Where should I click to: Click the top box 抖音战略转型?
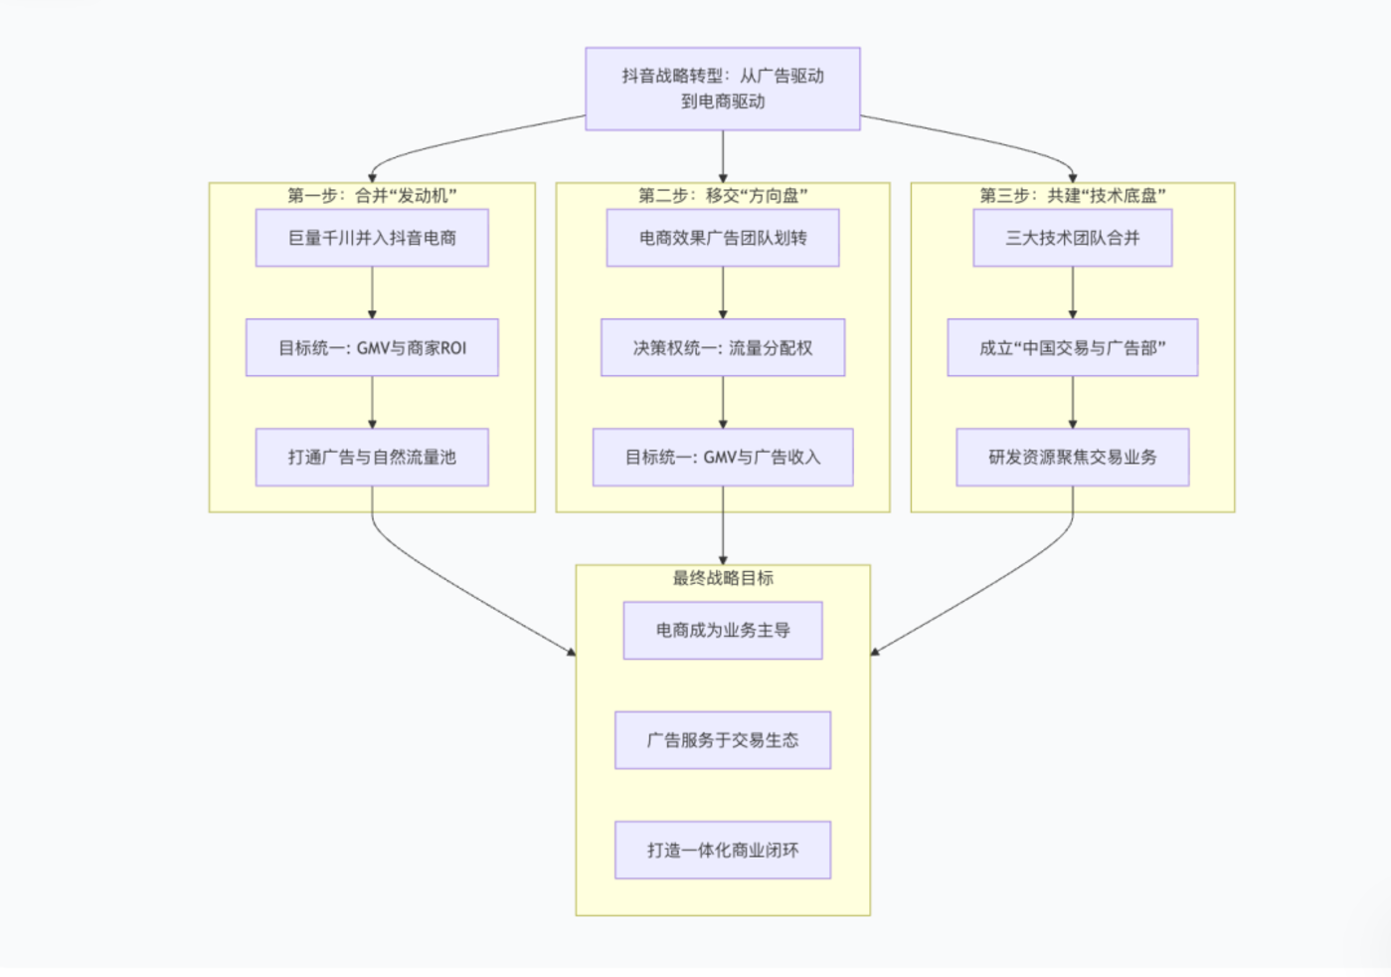pyautogui.click(x=723, y=89)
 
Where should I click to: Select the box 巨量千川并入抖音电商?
pyautogui.click(x=372, y=238)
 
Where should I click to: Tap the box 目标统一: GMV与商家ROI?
pyautogui.click(x=372, y=347)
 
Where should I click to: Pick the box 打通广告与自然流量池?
pyautogui.click(x=372, y=457)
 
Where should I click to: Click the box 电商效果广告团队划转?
pyautogui.click(x=723, y=238)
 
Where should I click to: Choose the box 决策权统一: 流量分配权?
pyautogui.click(x=723, y=347)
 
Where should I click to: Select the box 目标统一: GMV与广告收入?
pyautogui.click(x=723, y=457)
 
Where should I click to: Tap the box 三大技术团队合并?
pyautogui.click(x=1073, y=238)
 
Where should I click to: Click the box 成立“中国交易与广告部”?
pyautogui.click(x=1073, y=347)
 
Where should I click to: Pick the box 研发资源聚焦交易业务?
pyautogui.click(x=1073, y=457)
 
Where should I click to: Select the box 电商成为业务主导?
pyautogui.click(x=723, y=630)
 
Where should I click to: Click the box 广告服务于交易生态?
pyautogui.click(x=723, y=740)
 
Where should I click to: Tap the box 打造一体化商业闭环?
pyautogui.click(x=723, y=850)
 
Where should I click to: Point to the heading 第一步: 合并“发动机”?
pyautogui.click(x=372, y=195)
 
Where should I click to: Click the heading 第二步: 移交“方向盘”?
pyautogui.click(x=723, y=195)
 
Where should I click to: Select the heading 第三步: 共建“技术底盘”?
pyautogui.click(x=1073, y=195)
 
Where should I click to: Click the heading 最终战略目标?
pyautogui.click(x=723, y=578)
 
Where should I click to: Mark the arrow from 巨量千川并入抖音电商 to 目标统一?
pyautogui.click(x=372, y=293)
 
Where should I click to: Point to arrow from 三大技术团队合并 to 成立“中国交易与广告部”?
pyautogui.click(x=1073, y=293)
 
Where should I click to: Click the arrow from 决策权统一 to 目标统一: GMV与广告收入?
pyautogui.click(x=723, y=402)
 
